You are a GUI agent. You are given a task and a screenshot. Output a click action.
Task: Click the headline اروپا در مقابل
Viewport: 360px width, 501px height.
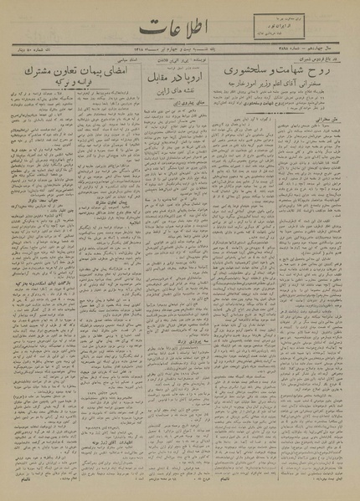coord(177,111)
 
